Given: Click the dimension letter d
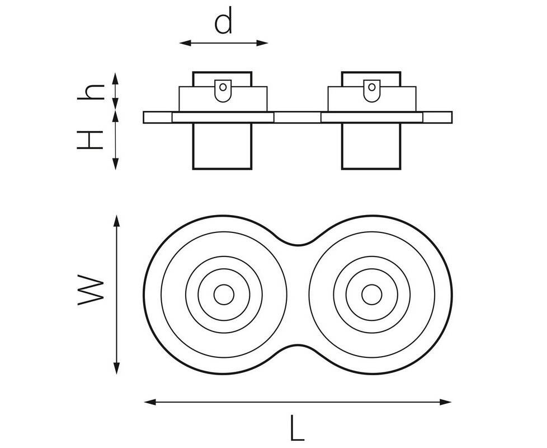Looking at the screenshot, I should [x=223, y=22].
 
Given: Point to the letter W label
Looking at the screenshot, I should [x=91, y=291].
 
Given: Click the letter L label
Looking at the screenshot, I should [x=297, y=429].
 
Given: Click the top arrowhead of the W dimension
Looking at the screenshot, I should [x=116, y=220].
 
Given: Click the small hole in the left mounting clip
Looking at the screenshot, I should [x=223, y=87].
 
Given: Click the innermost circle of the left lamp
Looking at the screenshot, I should [x=223, y=295].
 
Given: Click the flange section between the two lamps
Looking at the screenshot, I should [x=297, y=118].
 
